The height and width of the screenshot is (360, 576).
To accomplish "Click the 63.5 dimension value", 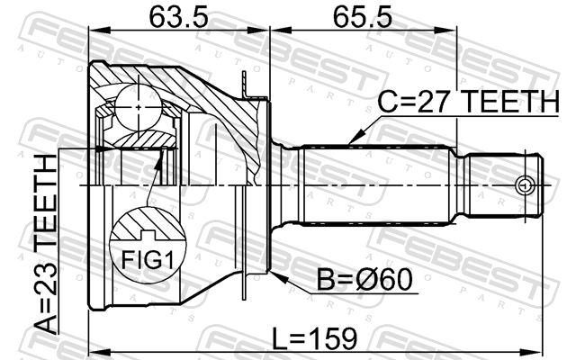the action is point(178,17).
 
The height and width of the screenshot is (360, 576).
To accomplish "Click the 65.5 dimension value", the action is point(362,17).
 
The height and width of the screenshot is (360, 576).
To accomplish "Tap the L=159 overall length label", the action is point(314,338).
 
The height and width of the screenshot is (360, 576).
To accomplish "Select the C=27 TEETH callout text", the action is point(468,102).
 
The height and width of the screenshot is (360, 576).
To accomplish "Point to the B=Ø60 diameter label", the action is point(364,280).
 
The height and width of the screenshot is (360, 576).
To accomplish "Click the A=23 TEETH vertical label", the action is point(46,244).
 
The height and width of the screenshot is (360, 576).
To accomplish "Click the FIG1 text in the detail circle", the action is point(147,260).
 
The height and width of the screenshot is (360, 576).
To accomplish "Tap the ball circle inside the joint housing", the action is point(139,107).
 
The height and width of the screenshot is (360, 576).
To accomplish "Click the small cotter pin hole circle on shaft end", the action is point(524,186).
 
